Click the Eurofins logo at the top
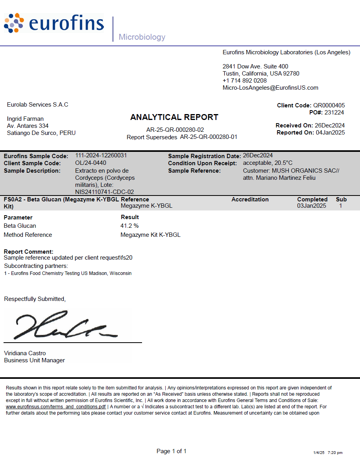[x=54, y=24]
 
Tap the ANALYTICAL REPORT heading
[x=174, y=117]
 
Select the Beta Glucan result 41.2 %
[x=129, y=226]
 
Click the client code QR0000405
[x=329, y=105]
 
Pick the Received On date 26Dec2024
[x=330, y=125]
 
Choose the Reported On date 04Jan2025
[x=330, y=133]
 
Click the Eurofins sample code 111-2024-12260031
[x=101, y=156]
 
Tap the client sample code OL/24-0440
[x=90, y=163]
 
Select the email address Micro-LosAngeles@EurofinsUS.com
[x=270, y=88]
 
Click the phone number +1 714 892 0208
[x=244, y=81]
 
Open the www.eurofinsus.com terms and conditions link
[x=56, y=407]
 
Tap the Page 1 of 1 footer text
[x=171, y=451]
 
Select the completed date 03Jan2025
[x=312, y=206]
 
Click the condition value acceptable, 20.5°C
[x=268, y=163]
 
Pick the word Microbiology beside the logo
[x=142, y=37]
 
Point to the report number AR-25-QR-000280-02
[x=175, y=130]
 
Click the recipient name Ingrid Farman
[x=25, y=119]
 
